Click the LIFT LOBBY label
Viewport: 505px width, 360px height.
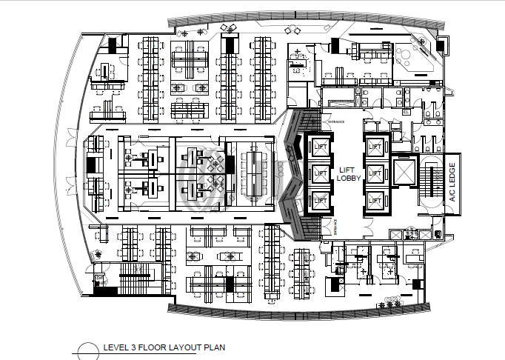pos(348,173)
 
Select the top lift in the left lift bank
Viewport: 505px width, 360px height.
pos(320,147)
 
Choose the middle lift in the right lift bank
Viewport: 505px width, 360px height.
pos(376,173)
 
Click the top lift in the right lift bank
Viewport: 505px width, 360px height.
pos(376,147)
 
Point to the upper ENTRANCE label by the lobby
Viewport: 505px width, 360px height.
pos(333,123)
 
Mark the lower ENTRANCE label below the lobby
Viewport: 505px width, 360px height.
pos(335,227)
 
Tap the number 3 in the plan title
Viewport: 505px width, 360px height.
pos(137,347)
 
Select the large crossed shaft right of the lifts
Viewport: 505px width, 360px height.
pos(404,173)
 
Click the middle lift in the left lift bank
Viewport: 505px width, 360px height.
pos(320,173)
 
